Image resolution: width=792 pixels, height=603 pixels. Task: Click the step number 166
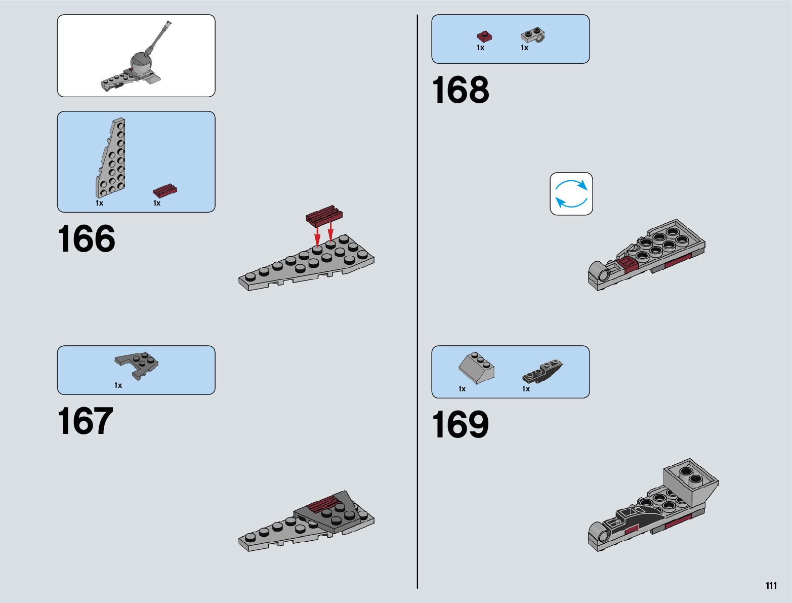pyautogui.click(x=87, y=239)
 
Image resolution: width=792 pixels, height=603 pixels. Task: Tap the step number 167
pyautogui.click(x=85, y=421)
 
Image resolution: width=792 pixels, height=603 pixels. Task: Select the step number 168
pyautogui.click(x=461, y=91)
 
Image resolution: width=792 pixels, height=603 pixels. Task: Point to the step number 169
pyautogui.click(x=461, y=425)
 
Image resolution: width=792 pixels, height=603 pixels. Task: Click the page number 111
pyautogui.click(x=771, y=585)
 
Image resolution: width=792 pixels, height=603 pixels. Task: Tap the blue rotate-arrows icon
pyautogui.click(x=571, y=194)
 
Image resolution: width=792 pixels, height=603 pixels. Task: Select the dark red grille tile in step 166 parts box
pyautogui.click(x=165, y=191)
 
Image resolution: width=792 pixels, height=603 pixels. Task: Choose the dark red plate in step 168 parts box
pyautogui.click(x=484, y=36)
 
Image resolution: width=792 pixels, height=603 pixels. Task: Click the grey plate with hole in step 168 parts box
pyautogui.click(x=533, y=35)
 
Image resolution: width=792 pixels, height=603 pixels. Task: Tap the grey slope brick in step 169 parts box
pyautogui.click(x=476, y=368)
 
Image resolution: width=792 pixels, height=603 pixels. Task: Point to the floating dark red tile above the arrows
pyautogui.click(x=324, y=215)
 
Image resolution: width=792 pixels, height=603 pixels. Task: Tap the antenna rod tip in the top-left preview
pyautogui.click(x=168, y=23)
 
